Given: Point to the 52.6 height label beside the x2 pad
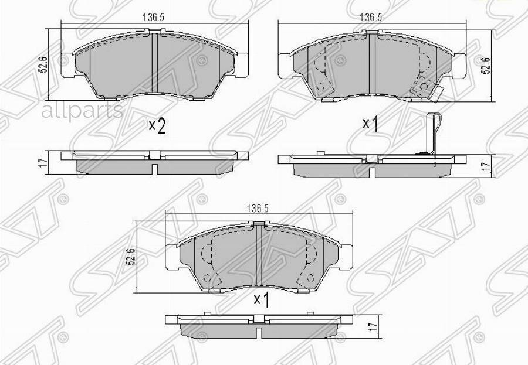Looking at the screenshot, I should click(x=43, y=64).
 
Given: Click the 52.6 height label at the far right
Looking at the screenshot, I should click(x=486, y=64).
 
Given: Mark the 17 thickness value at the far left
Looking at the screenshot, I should click(x=42, y=163).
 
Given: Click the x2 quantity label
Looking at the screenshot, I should click(x=157, y=126).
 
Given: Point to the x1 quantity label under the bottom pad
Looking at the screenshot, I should click(x=260, y=300).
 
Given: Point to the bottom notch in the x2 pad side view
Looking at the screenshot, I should click(x=154, y=169).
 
